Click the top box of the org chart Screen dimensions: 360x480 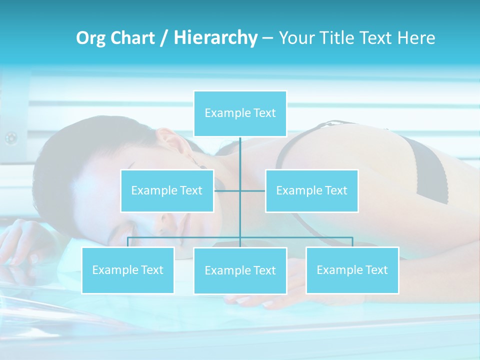click(240, 113)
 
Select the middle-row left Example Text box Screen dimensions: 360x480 click(167, 190)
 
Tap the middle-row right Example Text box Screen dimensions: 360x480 click(311, 190)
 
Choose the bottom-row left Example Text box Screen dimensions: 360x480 click(127, 270)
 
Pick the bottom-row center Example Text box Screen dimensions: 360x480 click(240, 270)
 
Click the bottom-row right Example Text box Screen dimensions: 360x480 click(352, 270)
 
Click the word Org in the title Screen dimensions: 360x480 click(90, 38)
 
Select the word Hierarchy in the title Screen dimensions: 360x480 click(215, 38)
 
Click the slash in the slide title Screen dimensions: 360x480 click(164, 38)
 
